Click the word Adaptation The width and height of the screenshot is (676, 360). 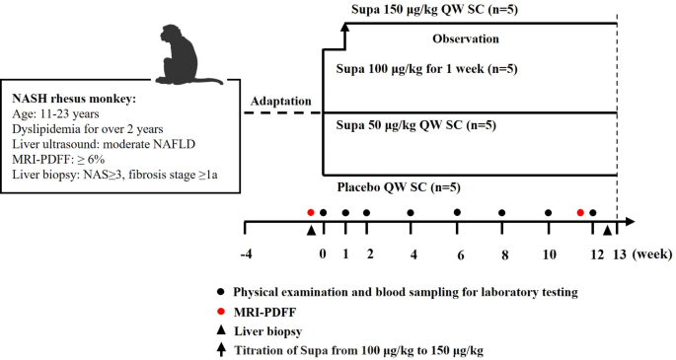pyautogui.click(x=281, y=102)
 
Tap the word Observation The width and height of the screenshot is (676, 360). pyautogui.click(x=465, y=39)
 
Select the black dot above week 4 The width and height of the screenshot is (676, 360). pyautogui.click(x=412, y=212)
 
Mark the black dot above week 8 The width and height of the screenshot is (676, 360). pyautogui.click(x=502, y=212)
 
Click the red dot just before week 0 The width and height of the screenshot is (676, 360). pyautogui.click(x=311, y=212)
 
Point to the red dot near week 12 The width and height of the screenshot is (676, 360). pyautogui.click(x=580, y=212)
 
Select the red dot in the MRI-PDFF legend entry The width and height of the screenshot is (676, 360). pyautogui.click(x=222, y=311)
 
